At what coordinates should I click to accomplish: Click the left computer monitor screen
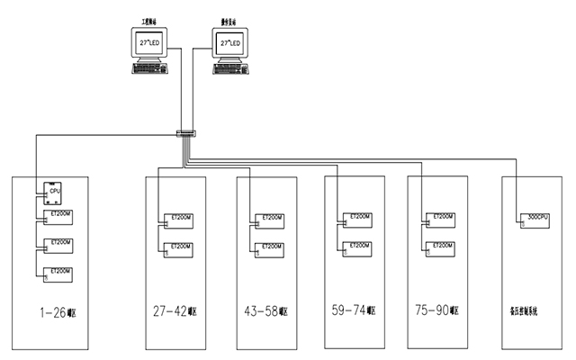[x=148, y=42]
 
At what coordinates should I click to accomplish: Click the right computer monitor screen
[x=229, y=42]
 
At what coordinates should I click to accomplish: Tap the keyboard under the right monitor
[x=230, y=67]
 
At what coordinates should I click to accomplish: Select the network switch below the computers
[x=185, y=134]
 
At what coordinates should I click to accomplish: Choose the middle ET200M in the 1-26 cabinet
[x=59, y=246]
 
